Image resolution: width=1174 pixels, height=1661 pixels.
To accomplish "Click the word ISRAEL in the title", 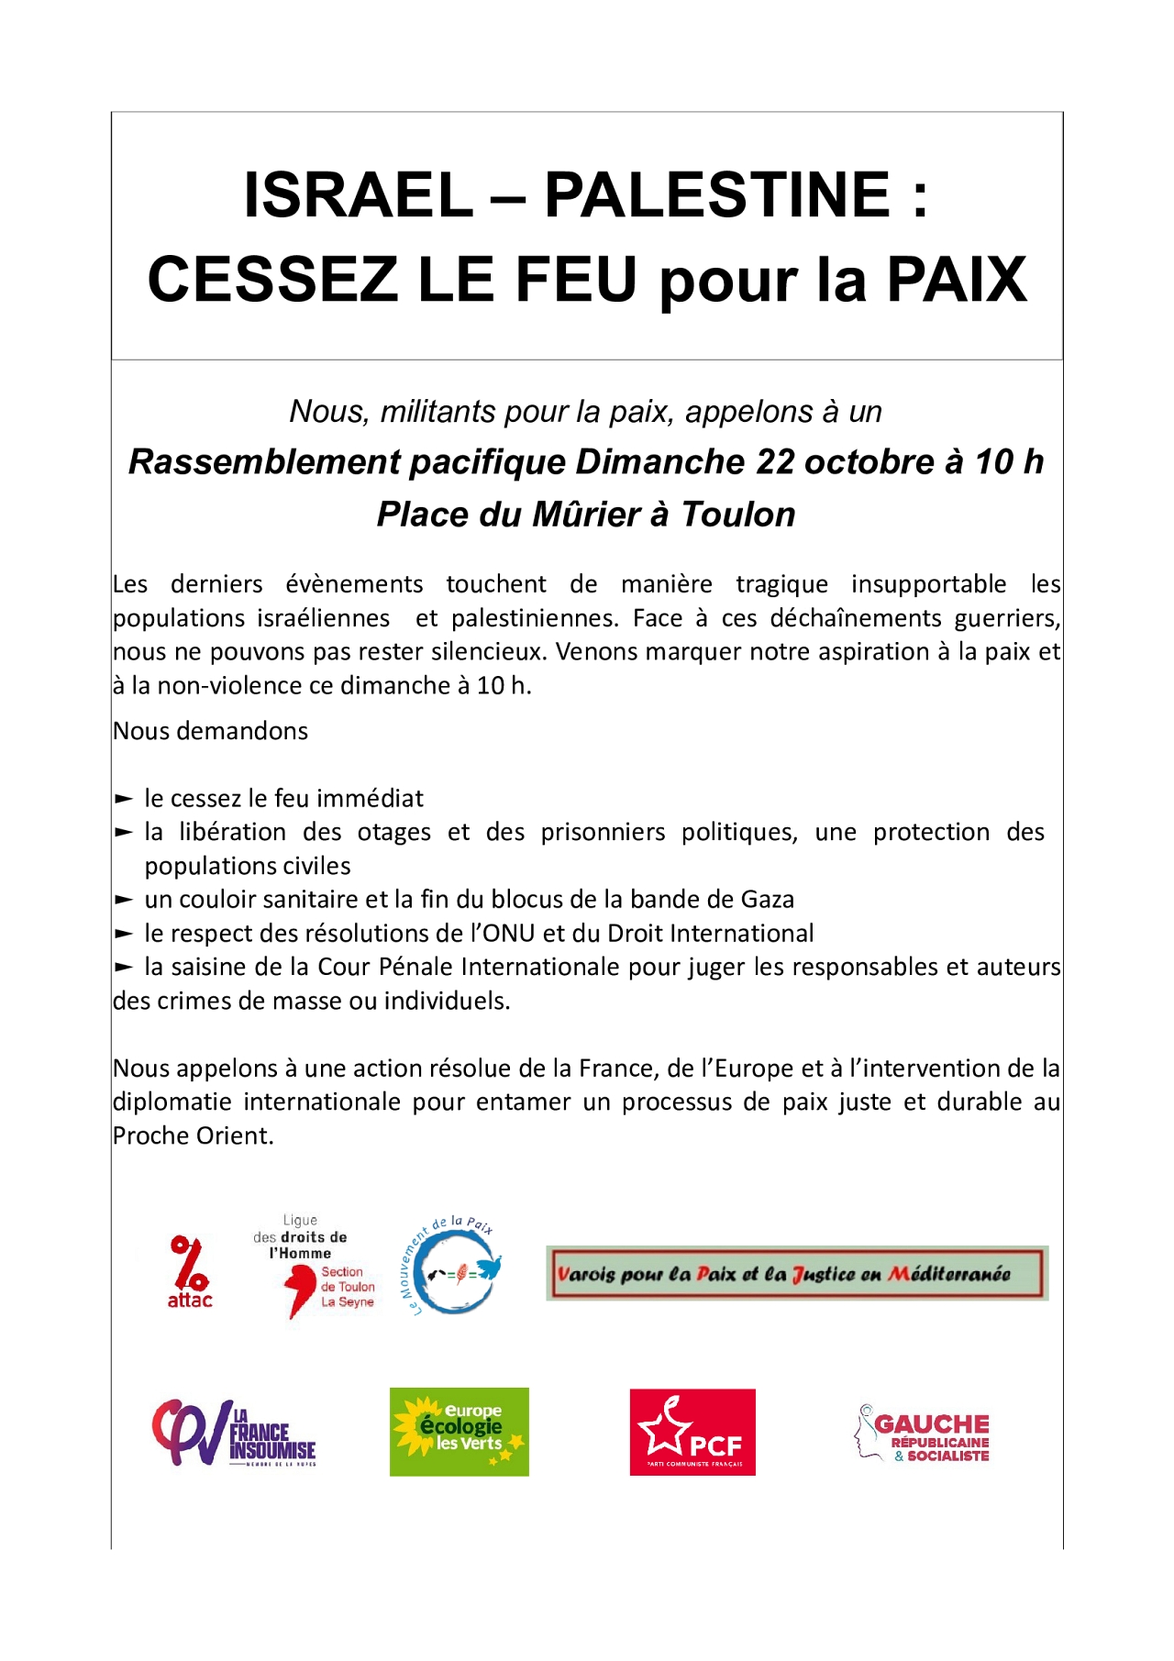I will [x=358, y=194].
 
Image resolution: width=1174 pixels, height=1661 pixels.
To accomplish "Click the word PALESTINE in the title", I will [x=717, y=194].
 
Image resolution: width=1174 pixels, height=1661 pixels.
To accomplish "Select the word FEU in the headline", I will [x=576, y=279].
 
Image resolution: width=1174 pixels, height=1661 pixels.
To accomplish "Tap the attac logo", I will [x=190, y=1272].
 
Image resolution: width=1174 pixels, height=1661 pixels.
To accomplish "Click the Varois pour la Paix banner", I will [x=796, y=1273].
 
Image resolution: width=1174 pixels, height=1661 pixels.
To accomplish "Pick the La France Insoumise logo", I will [x=234, y=1433].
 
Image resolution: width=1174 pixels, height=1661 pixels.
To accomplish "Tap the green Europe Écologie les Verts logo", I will [x=460, y=1432].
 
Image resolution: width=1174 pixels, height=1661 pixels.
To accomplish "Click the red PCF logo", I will [x=692, y=1432].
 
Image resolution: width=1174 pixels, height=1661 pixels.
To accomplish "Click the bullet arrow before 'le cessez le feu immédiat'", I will [x=124, y=799].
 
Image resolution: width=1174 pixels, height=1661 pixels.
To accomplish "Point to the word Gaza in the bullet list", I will [x=767, y=900].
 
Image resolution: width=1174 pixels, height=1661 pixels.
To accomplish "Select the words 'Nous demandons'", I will [x=210, y=731].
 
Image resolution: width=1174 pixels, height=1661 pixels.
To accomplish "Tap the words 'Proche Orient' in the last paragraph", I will [x=192, y=1135].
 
